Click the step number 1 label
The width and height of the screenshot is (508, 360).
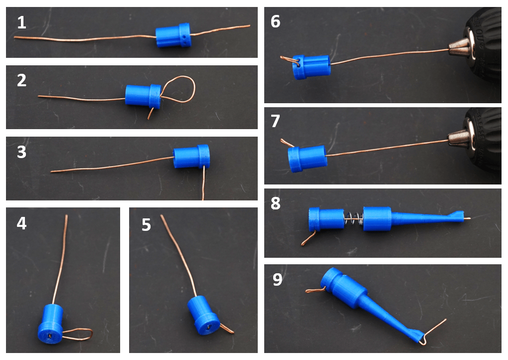pos(21,22)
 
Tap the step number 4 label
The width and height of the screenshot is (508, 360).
pos(21,224)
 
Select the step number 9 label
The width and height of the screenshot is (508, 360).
pos(278,280)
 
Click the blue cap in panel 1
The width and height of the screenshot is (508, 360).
pos(173,36)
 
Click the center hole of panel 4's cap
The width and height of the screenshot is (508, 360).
pos(50,337)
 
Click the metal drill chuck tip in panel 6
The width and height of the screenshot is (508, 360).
pos(458,47)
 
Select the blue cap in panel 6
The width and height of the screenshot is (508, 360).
pos(311,66)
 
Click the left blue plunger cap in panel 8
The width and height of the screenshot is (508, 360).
pos(326,220)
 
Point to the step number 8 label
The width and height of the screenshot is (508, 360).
pos(276,204)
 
